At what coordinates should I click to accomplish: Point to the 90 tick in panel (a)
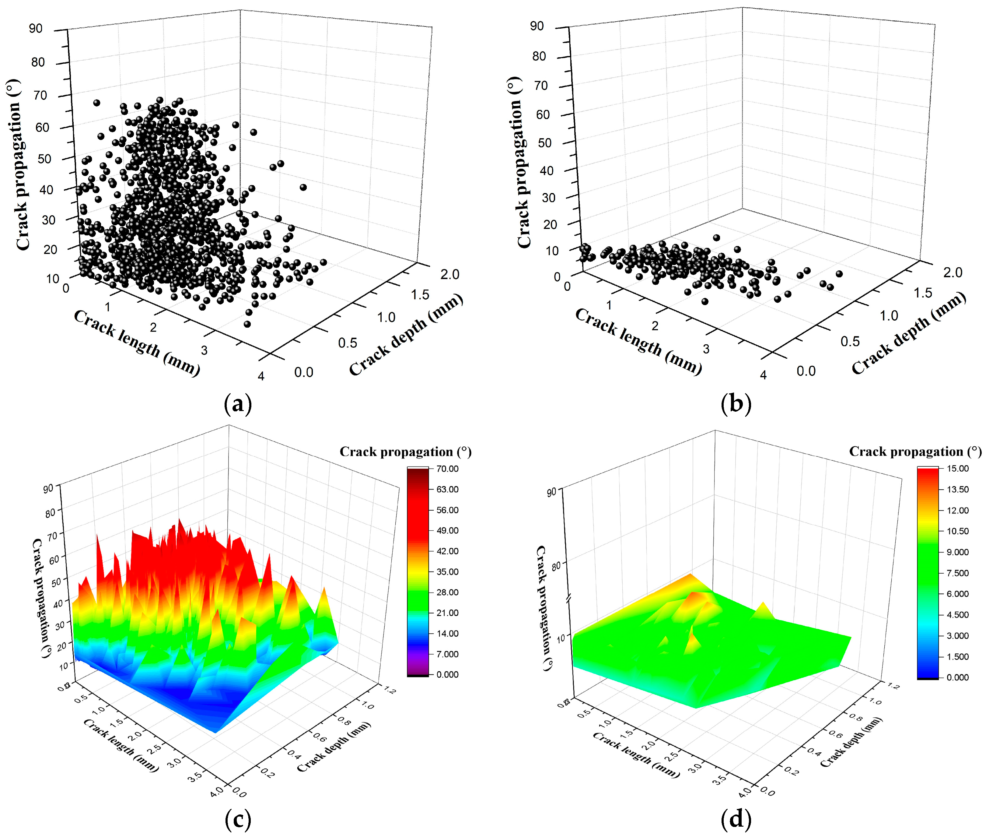click(x=36, y=29)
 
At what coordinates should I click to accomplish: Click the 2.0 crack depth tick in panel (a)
click(x=449, y=274)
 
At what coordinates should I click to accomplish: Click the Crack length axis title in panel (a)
click(x=137, y=343)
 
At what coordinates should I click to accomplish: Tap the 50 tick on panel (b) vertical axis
click(x=544, y=143)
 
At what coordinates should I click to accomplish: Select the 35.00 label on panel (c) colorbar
click(x=447, y=572)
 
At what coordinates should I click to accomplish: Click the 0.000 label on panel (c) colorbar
click(x=447, y=674)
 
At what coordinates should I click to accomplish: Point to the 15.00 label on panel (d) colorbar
click(x=957, y=468)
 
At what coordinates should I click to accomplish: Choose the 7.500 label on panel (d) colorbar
click(x=957, y=573)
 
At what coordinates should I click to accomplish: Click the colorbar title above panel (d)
click(x=915, y=451)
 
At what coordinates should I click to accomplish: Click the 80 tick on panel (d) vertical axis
click(x=555, y=566)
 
